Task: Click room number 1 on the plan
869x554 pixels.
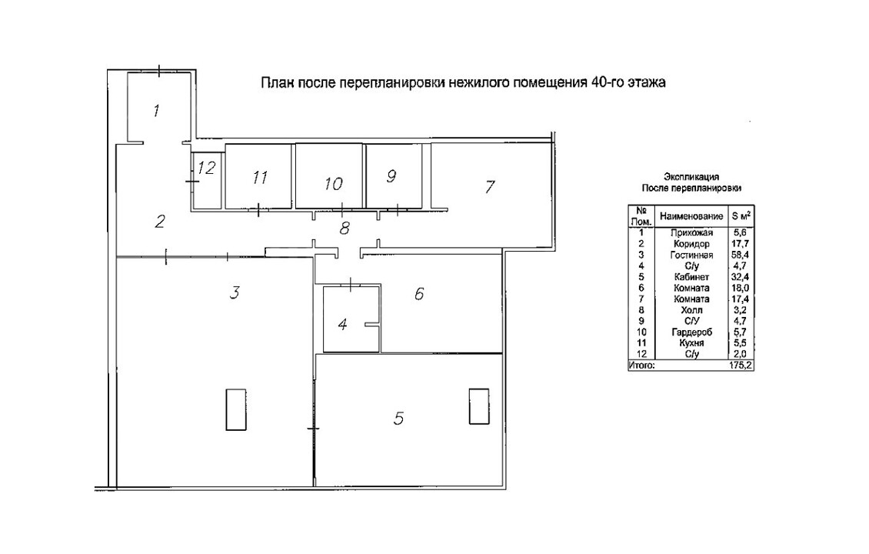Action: (x=156, y=111)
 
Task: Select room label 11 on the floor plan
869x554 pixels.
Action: (x=259, y=178)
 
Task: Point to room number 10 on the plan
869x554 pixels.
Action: (x=333, y=184)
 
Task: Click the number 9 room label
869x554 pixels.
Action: (x=391, y=176)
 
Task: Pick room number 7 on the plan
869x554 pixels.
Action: (x=490, y=186)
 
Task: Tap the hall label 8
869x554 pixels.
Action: (x=345, y=227)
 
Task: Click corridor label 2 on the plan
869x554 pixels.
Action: (x=160, y=222)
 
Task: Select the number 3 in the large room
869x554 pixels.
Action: (x=236, y=292)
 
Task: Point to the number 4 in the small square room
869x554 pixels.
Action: (x=343, y=324)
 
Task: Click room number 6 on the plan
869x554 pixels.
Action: (x=419, y=294)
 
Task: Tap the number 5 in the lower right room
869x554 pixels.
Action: (x=398, y=418)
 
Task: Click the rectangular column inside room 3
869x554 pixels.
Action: (x=234, y=409)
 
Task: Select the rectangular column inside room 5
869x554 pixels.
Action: (x=478, y=405)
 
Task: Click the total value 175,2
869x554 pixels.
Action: (x=740, y=365)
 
